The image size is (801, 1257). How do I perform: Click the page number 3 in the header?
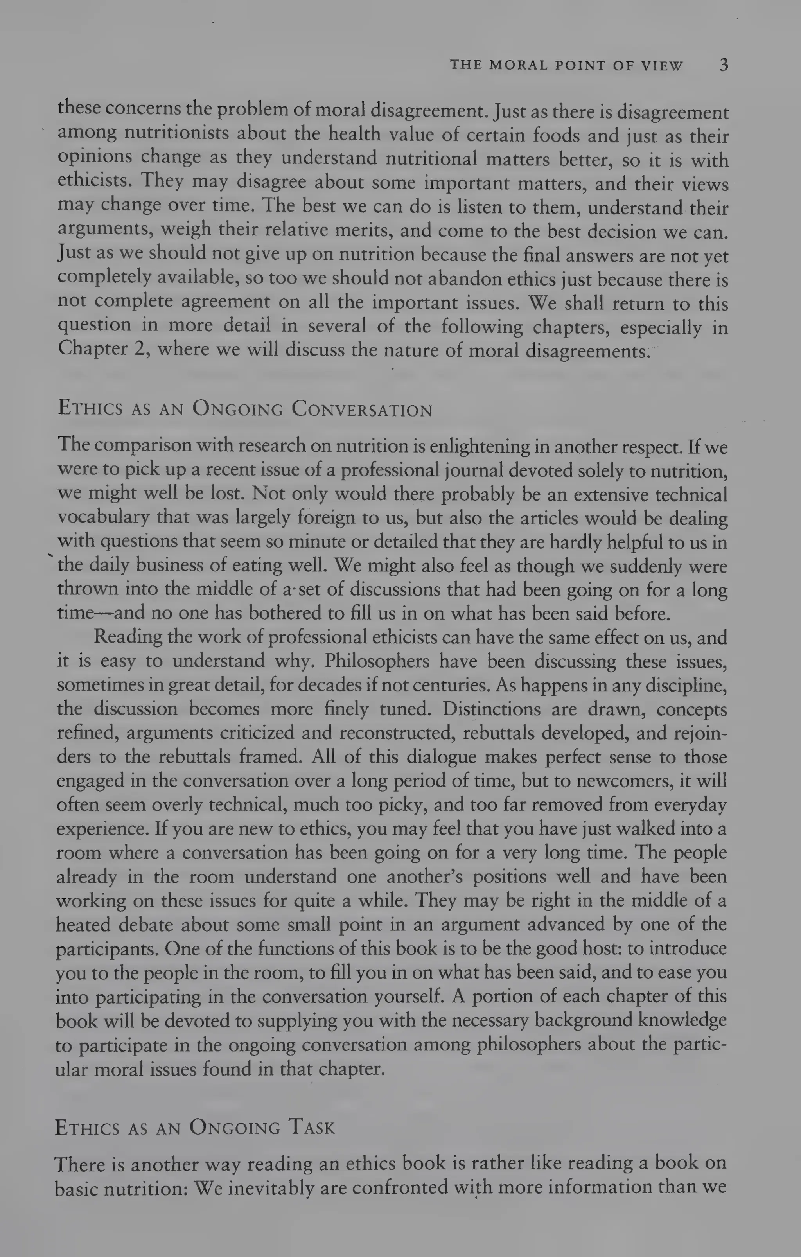[x=724, y=65]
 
